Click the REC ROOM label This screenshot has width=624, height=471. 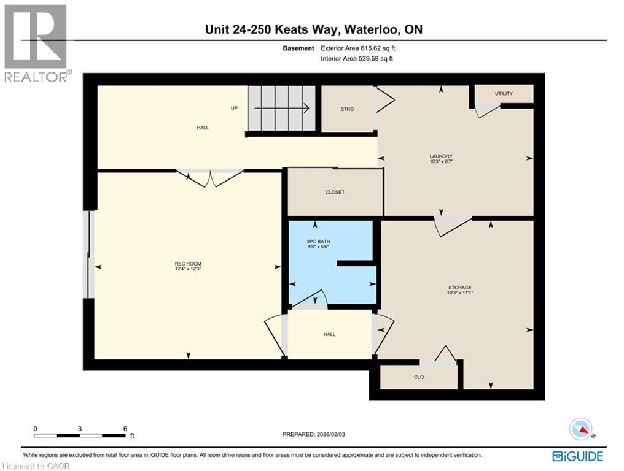click(x=188, y=264)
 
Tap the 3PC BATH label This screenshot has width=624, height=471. click(x=318, y=241)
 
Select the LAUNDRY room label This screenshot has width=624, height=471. click(x=441, y=156)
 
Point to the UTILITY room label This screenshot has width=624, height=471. click(x=504, y=93)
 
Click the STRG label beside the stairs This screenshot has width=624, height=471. click(x=347, y=109)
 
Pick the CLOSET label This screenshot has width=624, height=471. click(x=335, y=192)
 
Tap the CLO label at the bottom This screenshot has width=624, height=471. click(x=419, y=377)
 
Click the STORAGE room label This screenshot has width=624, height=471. click(x=460, y=288)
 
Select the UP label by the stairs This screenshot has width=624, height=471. click(x=235, y=108)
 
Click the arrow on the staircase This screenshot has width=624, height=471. click(x=282, y=108)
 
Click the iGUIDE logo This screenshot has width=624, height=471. click(x=577, y=456)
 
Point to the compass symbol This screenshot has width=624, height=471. click(x=582, y=429)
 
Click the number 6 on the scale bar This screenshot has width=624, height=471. click(x=125, y=429)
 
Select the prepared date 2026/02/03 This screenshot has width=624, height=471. click(x=330, y=434)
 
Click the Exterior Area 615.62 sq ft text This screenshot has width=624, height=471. click(x=358, y=48)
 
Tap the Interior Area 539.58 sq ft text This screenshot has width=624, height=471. click(x=357, y=59)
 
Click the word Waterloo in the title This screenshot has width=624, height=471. click(x=372, y=29)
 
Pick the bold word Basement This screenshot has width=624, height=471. click(x=298, y=48)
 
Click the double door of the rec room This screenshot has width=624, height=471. click(x=209, y=178)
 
